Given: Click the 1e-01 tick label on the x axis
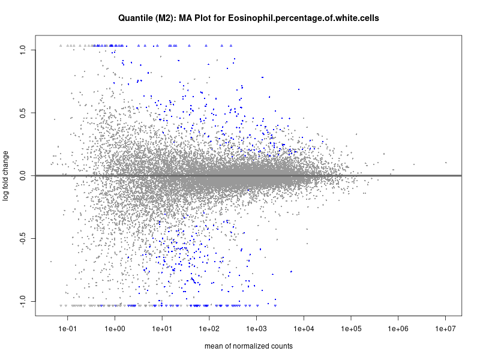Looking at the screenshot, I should [x=67, y=329].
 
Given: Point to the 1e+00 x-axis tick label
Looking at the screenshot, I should [x=115, y=329].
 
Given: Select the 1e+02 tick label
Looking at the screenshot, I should [x=209, y=329].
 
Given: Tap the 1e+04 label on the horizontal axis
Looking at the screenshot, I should [x=304, y=329].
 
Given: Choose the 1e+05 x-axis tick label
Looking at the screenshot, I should [x=351, y=329].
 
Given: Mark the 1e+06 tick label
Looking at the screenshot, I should [x=398, y=329].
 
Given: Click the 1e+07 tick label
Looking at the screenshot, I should [x=446, y=329].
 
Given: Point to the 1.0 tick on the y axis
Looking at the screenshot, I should [x=23, y=49].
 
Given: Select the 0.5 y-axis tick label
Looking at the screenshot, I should [x=23, y=113].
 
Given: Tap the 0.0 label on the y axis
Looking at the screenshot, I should [x=23, y=176].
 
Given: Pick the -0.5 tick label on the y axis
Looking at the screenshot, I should [x=22, y=239].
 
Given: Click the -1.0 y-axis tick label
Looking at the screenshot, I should [x=22, y=302].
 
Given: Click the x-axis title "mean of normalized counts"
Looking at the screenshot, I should [x=248, y=346].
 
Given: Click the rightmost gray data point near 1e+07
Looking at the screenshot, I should [x=446, y=162].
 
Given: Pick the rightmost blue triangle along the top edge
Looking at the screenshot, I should [x=231, y=45].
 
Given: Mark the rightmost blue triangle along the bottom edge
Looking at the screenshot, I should [x=275, y=305].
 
